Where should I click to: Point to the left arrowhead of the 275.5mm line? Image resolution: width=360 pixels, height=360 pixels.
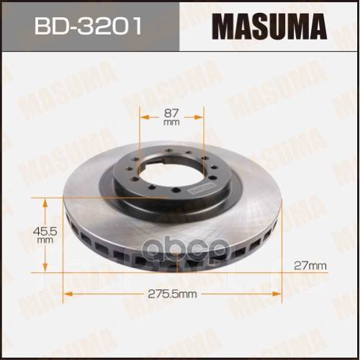pos(69,294)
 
